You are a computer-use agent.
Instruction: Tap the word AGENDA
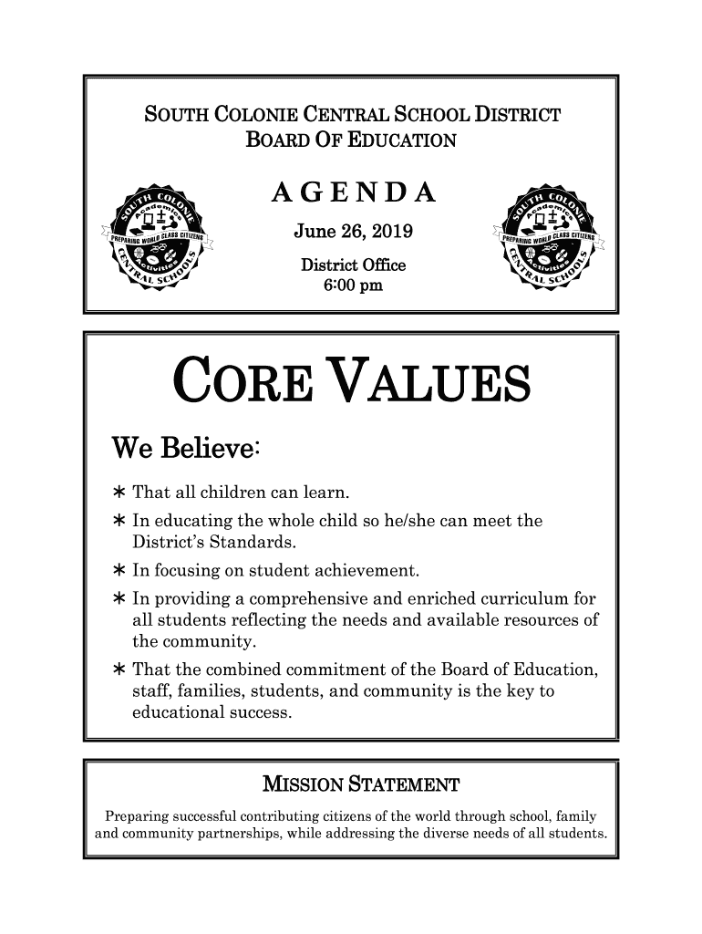[353, 194]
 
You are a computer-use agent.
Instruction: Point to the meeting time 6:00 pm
[353, 286]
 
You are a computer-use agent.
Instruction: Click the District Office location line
[353, 266]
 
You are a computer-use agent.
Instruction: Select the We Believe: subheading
[188, 450]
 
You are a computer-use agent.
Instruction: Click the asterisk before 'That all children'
[119, 494]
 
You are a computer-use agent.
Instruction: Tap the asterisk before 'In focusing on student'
[119, 572]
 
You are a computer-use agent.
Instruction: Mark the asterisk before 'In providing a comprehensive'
[119, 600]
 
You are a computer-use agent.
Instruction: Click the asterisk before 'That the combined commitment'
[119, 671]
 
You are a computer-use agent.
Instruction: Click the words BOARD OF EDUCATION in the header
[351, 140]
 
